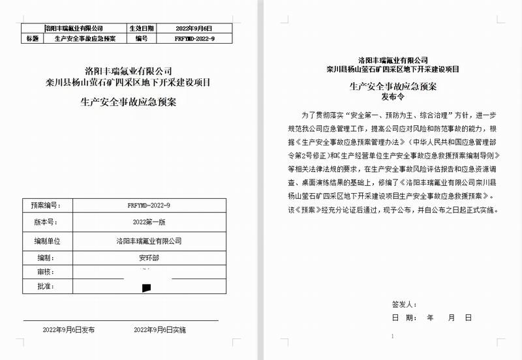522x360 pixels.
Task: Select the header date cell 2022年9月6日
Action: click(194, 29)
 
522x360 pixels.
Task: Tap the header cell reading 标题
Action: click(31, 38)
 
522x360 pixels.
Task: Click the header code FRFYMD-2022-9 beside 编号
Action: click(194, 38)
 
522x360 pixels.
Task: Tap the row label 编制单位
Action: click(47, 241)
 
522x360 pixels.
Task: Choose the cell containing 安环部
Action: click(149, 257)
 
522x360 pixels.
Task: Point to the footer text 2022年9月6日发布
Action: click(69, 330)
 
